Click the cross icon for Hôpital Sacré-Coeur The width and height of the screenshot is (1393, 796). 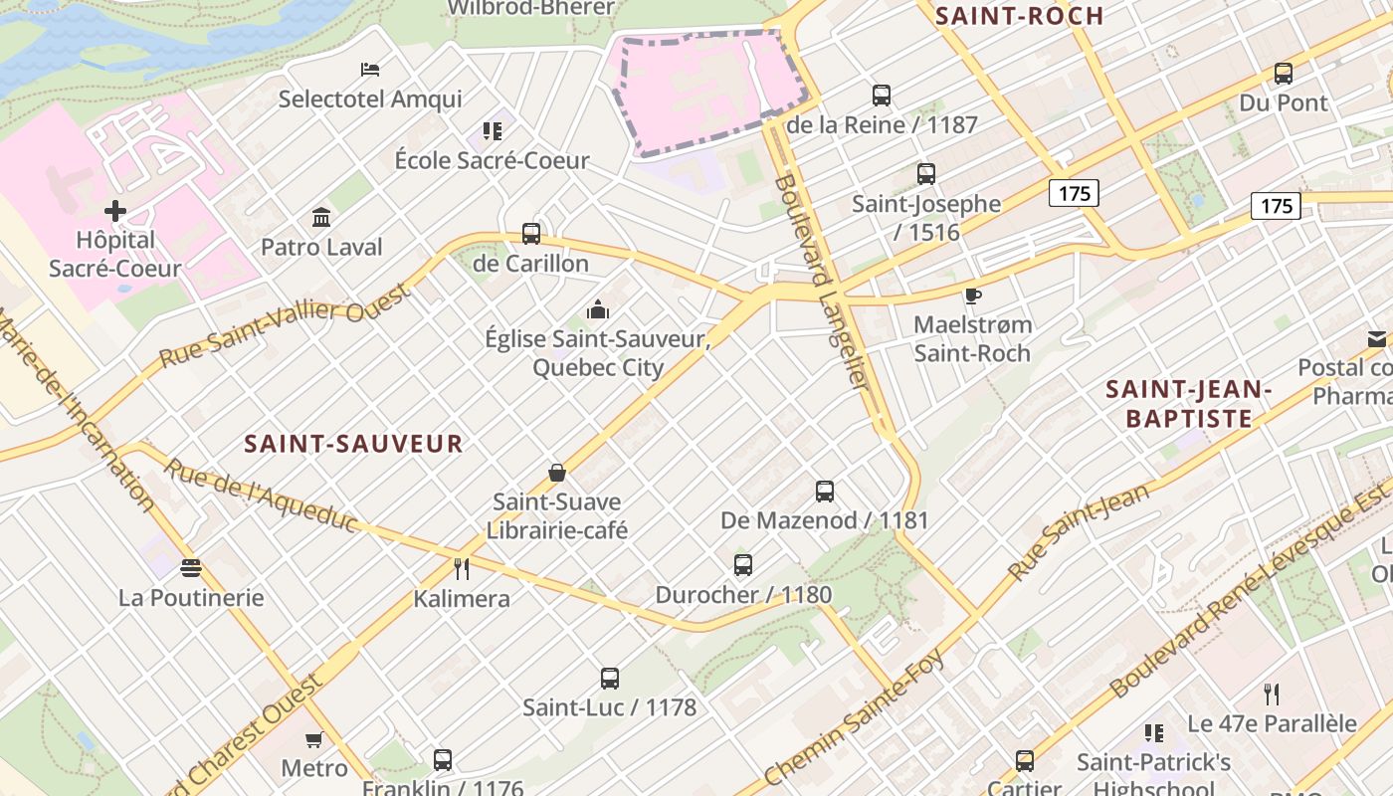tap(115, 211)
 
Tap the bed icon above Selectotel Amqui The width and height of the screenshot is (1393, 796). tap(370, 70)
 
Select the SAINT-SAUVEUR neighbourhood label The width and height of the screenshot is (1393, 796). tap(354, 444)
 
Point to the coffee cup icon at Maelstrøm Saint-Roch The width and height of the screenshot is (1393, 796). tap(972, 296)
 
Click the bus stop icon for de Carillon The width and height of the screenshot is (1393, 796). tap(531, 234)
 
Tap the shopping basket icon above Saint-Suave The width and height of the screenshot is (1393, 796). tap(557, 473)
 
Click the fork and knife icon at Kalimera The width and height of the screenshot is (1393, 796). tap(462, 569)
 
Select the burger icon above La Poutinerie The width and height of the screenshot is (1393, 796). tap(191, 568)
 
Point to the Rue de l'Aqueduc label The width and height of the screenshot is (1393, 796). tap(261, 495)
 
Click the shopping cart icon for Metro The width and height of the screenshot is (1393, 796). tap(314, 739)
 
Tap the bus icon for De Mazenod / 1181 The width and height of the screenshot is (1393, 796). tap(825, 491)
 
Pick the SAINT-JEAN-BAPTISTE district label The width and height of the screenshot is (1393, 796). tap(1189, 404)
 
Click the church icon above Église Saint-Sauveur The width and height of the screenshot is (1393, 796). tap(597, 309)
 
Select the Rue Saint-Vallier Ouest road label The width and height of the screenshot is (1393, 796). tap(285, 324)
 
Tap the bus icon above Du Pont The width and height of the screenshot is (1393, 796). tap(1284, 74)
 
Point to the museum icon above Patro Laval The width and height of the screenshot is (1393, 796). tap(321, 217)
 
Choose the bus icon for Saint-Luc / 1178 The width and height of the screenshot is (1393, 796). tap(610, 679)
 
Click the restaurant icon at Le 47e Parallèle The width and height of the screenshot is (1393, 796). tap(1272, 694)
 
